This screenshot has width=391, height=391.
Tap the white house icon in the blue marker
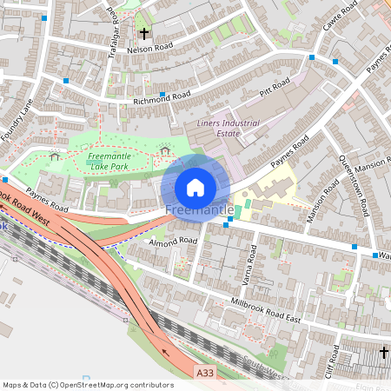pyautogui.click(x=195, y=187)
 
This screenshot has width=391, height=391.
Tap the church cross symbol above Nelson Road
pyautogui.click(x=144, y=34)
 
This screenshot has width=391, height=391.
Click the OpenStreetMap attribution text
pyautogui.click(x=89, y=384)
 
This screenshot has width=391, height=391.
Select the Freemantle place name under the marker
pyautogui.click(x=199, y=211)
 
